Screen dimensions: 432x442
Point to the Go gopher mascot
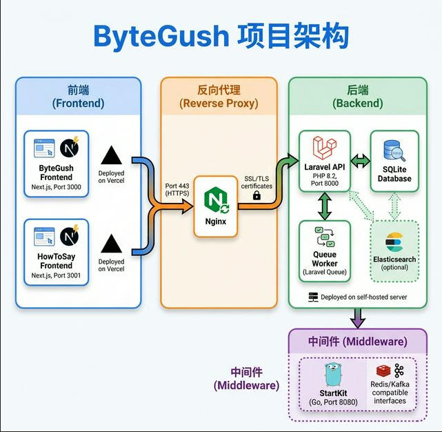pos(333,375)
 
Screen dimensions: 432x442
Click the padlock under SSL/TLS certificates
pos(257,196)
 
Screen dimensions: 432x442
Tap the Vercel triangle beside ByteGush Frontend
pos(111,156)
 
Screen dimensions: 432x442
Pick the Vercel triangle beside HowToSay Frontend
pos(111,244)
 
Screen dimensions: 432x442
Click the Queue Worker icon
pos(324,237)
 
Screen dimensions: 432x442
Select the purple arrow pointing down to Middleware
pos(358,317)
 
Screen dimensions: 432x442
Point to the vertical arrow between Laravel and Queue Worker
pos(325,205)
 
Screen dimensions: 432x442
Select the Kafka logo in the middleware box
pos(399,371)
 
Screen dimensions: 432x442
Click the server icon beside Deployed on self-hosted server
pos(313,297)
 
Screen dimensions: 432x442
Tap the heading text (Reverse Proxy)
pos(219,103)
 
